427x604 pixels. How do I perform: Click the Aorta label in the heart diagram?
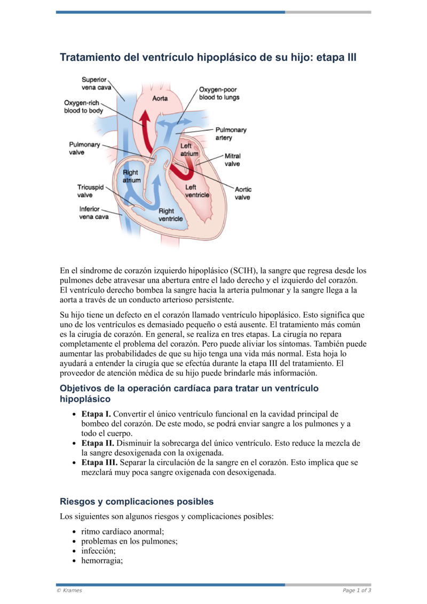(160, 98)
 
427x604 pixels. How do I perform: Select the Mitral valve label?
(232, 160)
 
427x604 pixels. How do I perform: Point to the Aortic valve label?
(243, 193)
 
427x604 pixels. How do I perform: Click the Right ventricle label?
(170, 215)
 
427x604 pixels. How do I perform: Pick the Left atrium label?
(189, 150)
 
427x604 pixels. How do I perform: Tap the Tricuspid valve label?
(91, 191)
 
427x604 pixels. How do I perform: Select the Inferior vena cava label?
(94, 213)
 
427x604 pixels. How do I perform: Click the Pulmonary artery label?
(230, 134)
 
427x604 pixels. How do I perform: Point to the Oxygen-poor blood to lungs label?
(219, 93)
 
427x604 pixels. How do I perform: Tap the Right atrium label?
(131, 176)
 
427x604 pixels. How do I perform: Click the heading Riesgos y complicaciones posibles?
(137, 501)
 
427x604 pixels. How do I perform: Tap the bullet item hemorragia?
(102, 561)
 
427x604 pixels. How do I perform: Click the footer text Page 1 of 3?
(357, 590)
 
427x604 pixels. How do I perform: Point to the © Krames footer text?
(69, 590)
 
